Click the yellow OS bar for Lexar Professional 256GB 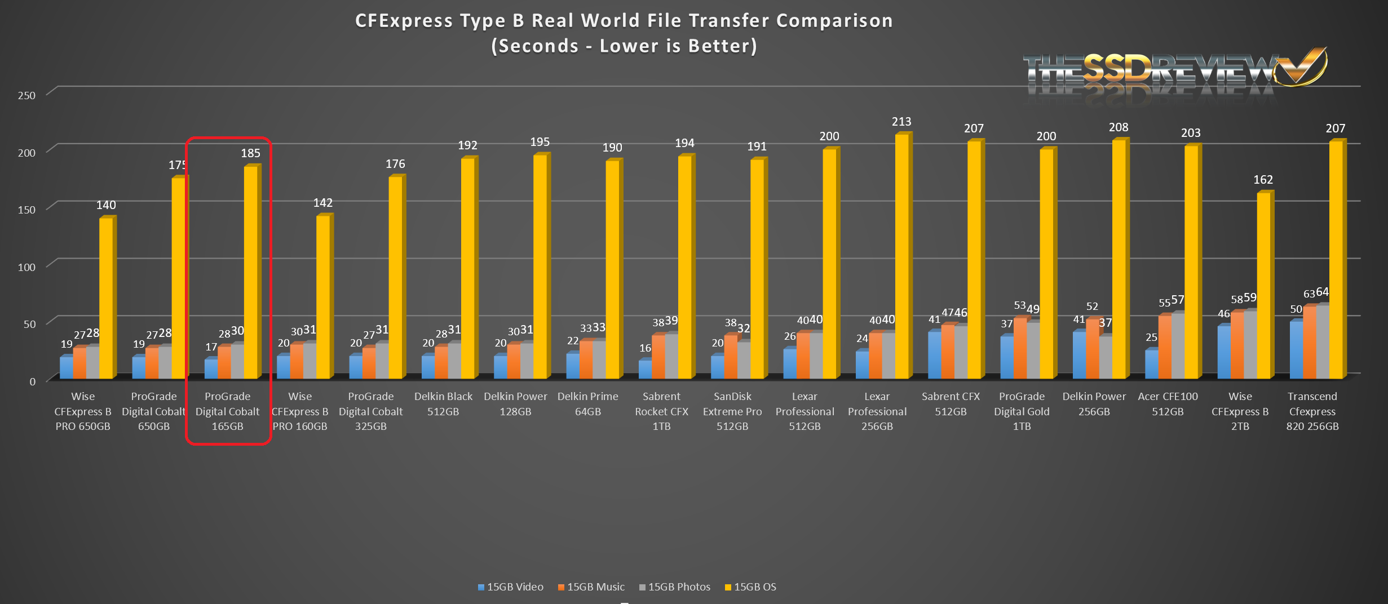click(x=901, y=256)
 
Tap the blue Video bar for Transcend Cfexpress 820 click(x=1296, y=349)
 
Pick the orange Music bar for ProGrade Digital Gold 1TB click(x=1020, y=348)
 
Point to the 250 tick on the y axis click(x=26, y=95)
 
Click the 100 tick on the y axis click(x=26, y=267)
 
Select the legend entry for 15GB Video click(x=511, y=587)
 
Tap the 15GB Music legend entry click(x=591, y=587)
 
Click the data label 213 click(x=901, y=122)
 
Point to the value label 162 click(x=1263, y=180)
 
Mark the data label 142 click(x=323, y=203)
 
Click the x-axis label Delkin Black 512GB click(x=443, y=404)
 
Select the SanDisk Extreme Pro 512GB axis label click(x=732, y=411)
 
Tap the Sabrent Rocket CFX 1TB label click(x=661, y=411)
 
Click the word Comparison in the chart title click(x=834, y=21)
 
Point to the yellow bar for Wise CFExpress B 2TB click(x=1263, y=285)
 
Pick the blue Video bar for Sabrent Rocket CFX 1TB click(x=644, y=369)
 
